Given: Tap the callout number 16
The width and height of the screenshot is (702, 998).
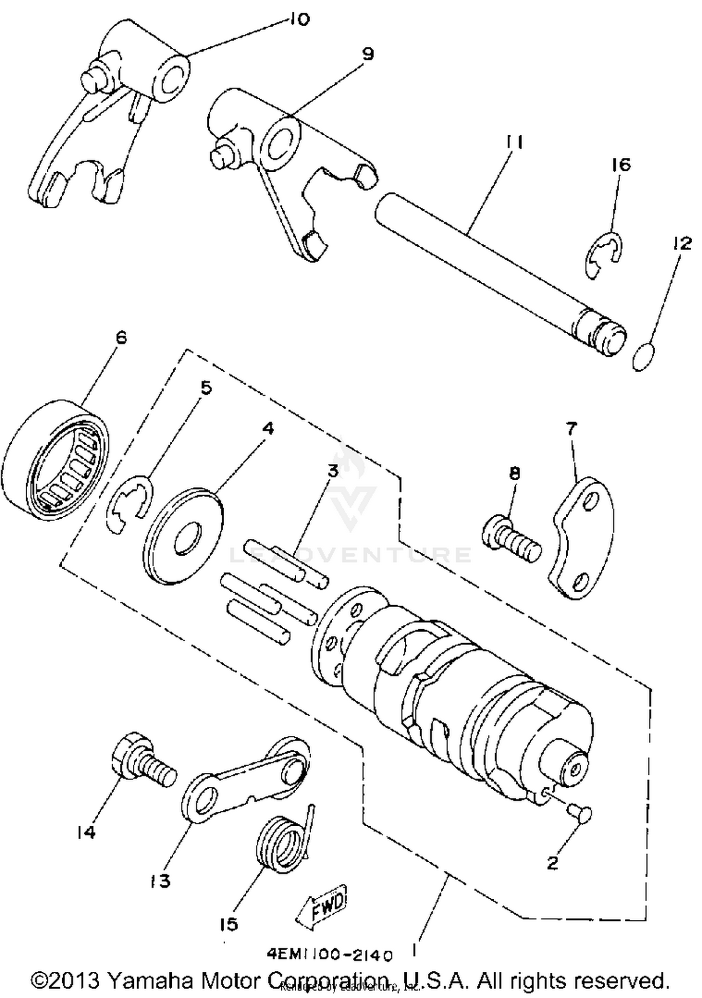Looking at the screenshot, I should click(x=621, y=165).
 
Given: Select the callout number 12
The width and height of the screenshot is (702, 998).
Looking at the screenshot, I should click(x=682, y=243).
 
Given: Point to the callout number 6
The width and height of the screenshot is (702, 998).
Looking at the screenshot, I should click(x=121, y=338).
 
